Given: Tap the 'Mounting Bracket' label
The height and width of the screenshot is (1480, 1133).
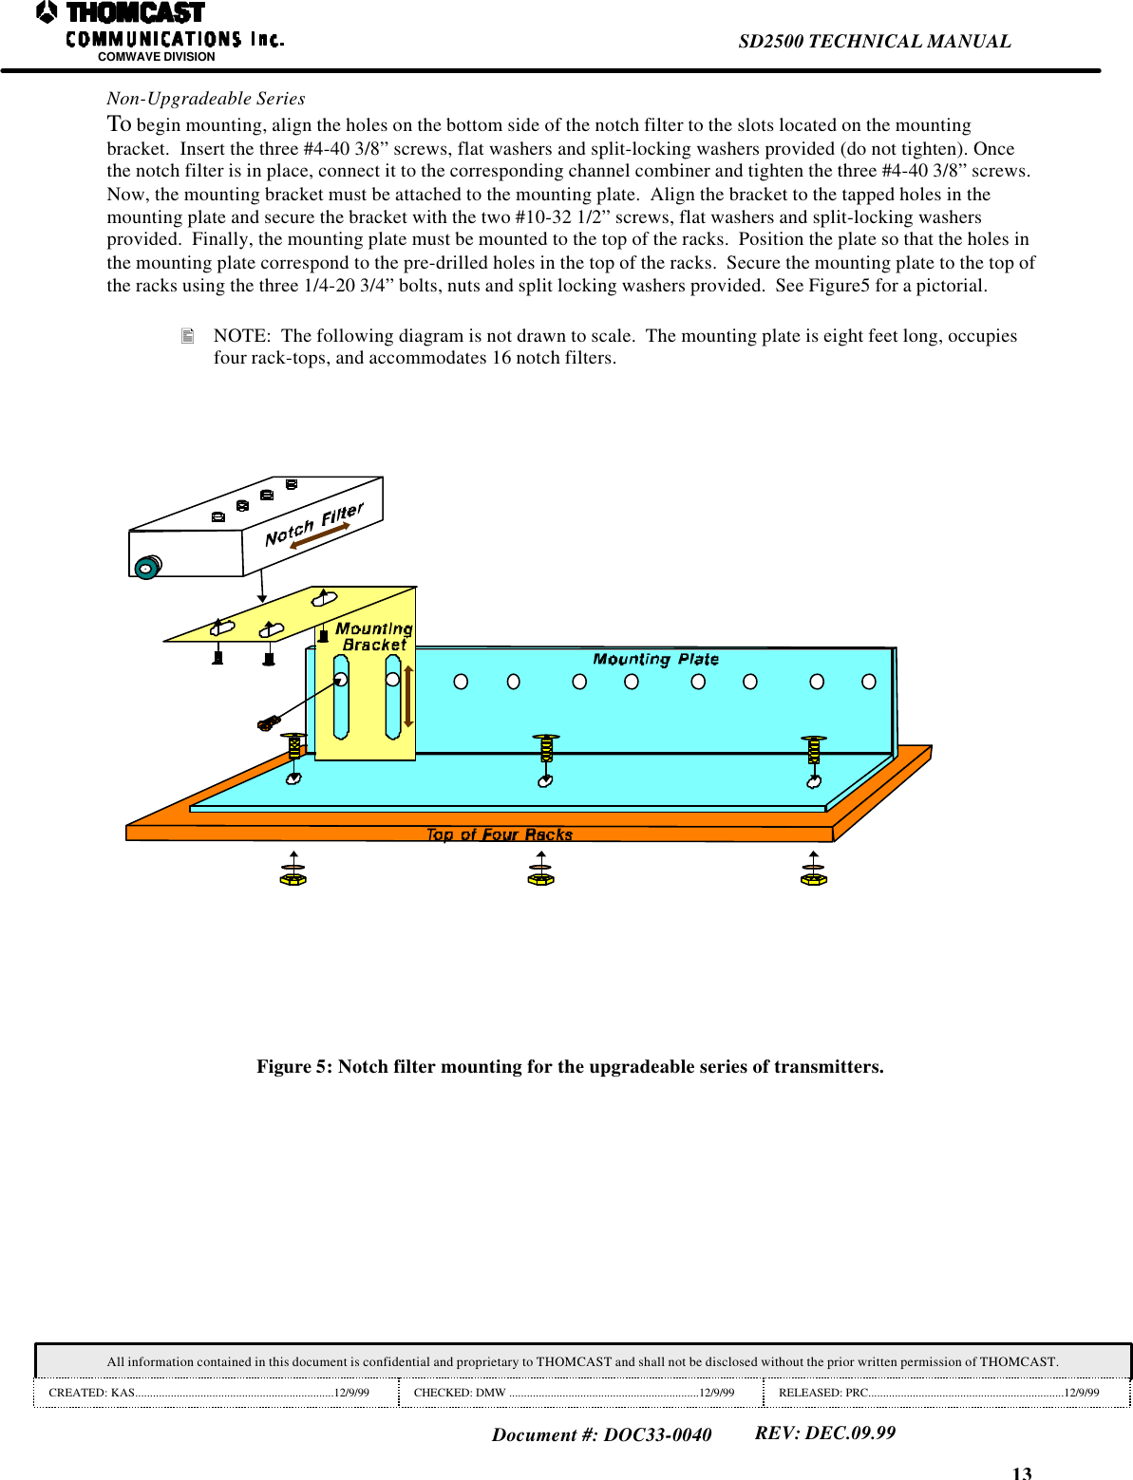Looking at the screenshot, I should coord(374,637).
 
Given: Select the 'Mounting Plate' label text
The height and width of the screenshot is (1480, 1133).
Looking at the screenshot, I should coord(655,659).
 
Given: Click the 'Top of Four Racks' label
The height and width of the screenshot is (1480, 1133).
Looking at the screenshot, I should coord(499,834).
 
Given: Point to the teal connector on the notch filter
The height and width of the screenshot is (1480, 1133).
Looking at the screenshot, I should coord(146,568).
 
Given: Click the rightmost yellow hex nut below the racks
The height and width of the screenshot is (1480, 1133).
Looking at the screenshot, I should coord(814,879).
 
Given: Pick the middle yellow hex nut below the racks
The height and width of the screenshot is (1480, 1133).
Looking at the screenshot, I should coord(540,879).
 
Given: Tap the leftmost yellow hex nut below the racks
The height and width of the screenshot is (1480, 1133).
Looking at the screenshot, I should coord(293,879).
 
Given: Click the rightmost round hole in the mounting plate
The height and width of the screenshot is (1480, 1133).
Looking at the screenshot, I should coord(868,682).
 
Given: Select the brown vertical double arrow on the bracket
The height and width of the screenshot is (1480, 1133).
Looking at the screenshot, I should coord(408,696).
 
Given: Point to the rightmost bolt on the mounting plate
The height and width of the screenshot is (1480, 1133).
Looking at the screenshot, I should coord(814,749).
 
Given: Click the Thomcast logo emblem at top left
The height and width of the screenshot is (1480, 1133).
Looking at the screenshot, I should coord(47,12).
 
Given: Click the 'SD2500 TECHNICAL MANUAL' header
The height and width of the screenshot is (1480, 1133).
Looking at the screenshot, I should coord(874,41).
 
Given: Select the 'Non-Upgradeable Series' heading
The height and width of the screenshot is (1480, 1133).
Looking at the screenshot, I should coord(206,99).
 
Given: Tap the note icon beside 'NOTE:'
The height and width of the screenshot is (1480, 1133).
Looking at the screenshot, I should coord(188,336).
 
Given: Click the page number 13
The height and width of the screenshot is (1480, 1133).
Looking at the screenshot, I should coord(1021,1472).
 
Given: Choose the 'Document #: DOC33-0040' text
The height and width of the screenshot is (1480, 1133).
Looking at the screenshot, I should coord(601,1434).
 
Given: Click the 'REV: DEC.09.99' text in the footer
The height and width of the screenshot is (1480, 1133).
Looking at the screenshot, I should coord(824,1433).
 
